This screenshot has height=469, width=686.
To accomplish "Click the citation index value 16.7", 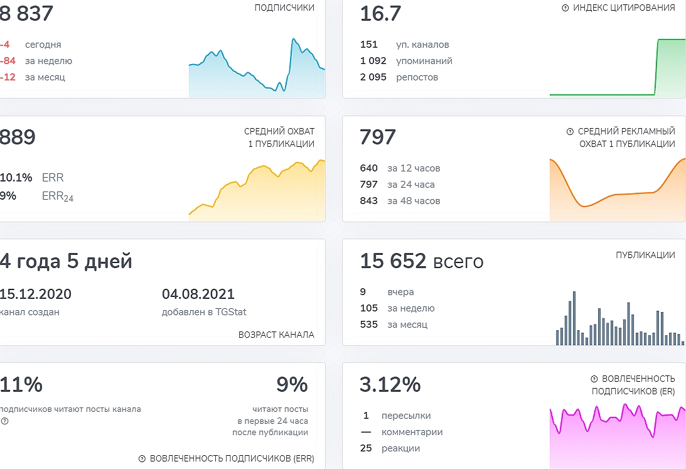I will [380, 14].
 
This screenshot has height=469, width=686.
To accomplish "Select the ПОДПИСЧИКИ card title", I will [285, 8].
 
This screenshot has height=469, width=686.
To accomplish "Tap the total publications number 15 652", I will [393, 261].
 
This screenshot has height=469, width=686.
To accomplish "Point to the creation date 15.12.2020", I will [36, 294].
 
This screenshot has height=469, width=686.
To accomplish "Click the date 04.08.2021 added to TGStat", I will [198, 294].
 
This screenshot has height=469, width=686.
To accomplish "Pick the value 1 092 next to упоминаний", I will [373, 61].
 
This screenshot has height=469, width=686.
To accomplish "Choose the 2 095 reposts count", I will [373, 77].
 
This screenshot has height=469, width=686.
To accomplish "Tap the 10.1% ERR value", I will [16, 178].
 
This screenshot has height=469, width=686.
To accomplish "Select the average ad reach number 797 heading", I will [378, 137].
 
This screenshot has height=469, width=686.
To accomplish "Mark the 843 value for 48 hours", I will [369, 201].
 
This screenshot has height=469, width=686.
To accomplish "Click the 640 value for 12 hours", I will [369, 168].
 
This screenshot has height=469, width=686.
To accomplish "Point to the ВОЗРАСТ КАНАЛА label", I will [276, 335].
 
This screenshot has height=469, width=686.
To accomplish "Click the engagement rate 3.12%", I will [390, 384].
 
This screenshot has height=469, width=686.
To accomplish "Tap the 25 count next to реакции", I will [367, 448].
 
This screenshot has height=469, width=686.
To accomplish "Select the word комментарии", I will [412, 432].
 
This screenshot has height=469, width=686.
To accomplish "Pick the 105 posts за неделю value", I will [369, 308].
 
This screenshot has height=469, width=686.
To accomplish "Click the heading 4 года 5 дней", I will [66, 261].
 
